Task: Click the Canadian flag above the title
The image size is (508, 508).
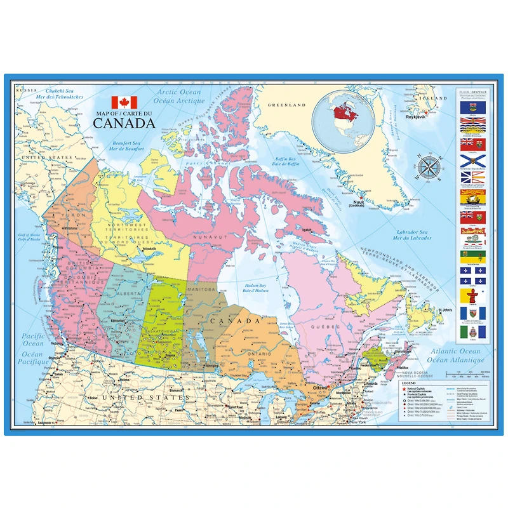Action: (x=124, y=102)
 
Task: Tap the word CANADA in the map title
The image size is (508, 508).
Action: (x=124, y=123)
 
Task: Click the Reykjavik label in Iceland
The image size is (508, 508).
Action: (x=415, y=116)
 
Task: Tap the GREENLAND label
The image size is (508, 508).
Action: (x=286, y=105)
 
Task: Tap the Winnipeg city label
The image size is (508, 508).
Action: (x=212, y=366)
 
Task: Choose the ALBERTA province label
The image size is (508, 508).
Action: (x=127, y=294)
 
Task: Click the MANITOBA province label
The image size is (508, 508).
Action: (x=203, y=290)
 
